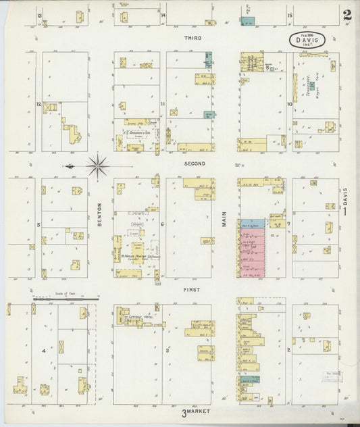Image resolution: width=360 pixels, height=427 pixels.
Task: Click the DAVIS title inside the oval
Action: (x=309, y=39)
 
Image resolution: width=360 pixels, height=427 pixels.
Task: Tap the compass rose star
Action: (x=98, y=164)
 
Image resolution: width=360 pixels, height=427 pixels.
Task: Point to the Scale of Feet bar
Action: (x=66, y=297)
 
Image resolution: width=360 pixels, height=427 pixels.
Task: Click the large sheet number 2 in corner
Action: (x=346, y=14)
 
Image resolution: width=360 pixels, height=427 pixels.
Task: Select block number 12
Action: (x=38, y=104)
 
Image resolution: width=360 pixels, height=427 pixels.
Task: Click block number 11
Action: (x=163, y=104)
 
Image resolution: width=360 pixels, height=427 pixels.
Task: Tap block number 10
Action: (x=289, y=104)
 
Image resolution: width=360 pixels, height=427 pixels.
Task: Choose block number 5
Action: (x=38, y=225)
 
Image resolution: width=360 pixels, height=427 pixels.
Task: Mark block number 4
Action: (x=44, y=351)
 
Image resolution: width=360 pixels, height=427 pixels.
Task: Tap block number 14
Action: (x=163, y=15)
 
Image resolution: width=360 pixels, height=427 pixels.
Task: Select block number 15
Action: (x=289, y=15)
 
